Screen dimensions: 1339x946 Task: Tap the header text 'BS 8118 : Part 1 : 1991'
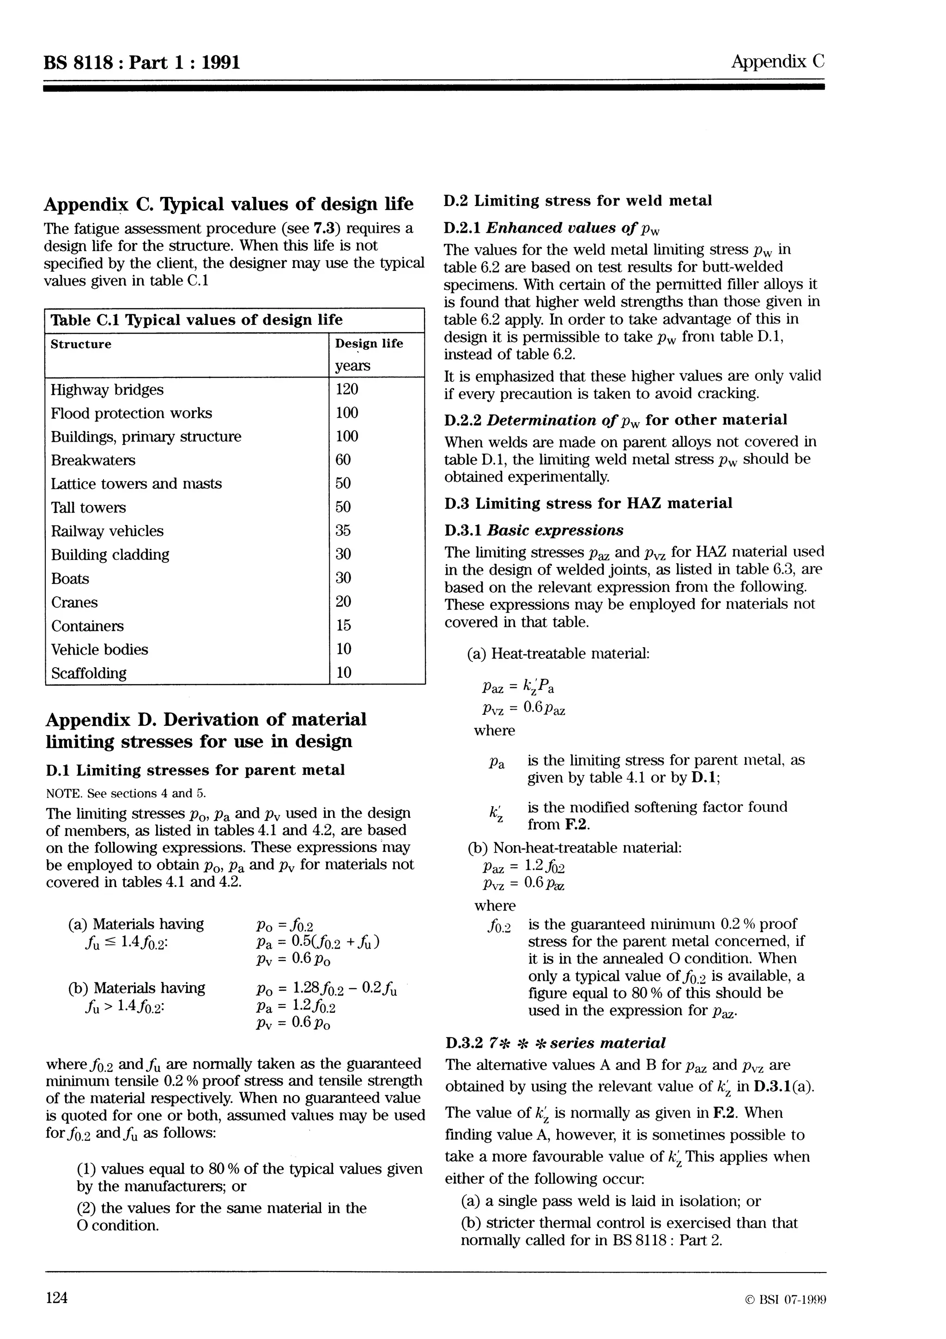(142, 62)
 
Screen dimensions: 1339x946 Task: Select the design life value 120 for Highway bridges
(347, 389)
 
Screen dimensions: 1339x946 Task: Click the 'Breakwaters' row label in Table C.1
(93, 460)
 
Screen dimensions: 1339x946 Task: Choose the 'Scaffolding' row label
(89, 673)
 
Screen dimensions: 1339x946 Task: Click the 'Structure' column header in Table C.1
(81, 344)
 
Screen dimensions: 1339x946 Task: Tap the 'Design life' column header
(369, 343)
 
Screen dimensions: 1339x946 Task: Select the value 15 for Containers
(343, 625)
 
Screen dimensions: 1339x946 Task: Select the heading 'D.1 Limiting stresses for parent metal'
(195, 770)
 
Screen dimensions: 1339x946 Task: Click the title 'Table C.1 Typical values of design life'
(196, 320)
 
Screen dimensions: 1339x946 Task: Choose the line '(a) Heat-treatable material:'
(558, 653)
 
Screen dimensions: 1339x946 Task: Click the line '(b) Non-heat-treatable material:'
(575, 847)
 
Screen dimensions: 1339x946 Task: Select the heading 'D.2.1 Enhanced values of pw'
(552, 228)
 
